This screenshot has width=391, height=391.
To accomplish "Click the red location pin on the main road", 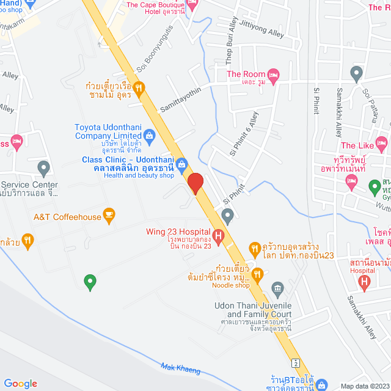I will pos(195,183).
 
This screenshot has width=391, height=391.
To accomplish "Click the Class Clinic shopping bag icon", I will pos(181,163).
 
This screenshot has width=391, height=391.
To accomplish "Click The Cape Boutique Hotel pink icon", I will pos(192,6).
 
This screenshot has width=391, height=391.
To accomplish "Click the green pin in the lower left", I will pos(90,282).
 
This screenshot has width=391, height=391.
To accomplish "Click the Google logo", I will pos(20,383).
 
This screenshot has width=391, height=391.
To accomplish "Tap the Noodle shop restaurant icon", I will pos(258,276).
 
